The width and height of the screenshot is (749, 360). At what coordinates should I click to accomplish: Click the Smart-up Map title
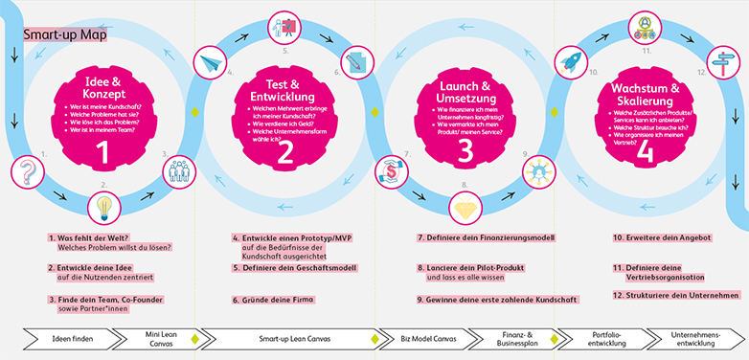pyautogui.click(x=65, y=35)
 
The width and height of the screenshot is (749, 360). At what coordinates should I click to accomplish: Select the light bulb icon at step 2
pyautogui.click(x=103, y=207)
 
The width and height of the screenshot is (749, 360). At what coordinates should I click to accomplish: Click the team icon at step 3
pyautogui.click(x=179, y=171)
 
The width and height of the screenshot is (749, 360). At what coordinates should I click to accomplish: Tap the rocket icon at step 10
pyautogui.click(x=573, y=62)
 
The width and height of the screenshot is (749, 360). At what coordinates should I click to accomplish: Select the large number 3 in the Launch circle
pyautogui.click(x=465, y=150)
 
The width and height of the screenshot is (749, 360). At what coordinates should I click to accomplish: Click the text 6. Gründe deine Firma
pyautogui.click(x=273, y=300)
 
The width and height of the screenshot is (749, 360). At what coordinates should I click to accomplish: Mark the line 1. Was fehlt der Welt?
pyautogui.click(x=90, y=237)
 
